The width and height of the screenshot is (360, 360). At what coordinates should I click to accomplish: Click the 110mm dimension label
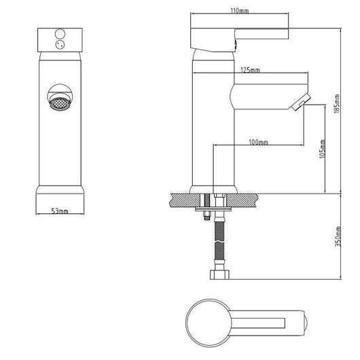[x=239, y=11]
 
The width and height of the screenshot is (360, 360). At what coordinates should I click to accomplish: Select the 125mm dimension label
[x=250, y=70]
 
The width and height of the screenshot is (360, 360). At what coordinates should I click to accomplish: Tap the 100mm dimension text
[x=259, y=143]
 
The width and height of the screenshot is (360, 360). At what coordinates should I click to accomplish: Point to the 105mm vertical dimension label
[x=323, y=149]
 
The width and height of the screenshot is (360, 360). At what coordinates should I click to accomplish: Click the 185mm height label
[x=337, y=103]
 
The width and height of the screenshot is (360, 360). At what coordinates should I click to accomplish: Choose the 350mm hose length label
[x=338, y=236]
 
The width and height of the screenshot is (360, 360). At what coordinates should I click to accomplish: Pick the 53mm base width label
[x=60, y=211]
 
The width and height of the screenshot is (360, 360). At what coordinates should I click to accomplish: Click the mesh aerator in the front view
[x=60, y=103]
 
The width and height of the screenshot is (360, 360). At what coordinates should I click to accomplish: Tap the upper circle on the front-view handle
[x=60, y=34]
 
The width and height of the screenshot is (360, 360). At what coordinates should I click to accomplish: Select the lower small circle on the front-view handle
[x=60, y=45]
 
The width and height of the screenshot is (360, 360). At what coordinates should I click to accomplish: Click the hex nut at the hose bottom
[x=219, y=274]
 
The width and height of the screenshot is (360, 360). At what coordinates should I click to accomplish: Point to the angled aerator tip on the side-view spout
[x=301, y=102]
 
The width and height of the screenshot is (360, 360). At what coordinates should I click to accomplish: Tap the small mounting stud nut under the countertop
[x=207, y=216]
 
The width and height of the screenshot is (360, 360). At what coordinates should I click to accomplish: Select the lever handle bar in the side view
[x=262, y=34]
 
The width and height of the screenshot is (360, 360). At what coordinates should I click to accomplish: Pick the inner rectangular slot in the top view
[x=258, y=323]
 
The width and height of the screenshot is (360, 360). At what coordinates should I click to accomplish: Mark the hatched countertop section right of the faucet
[x=242, y=201]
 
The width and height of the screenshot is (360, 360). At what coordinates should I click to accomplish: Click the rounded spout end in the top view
[x=306, y=323]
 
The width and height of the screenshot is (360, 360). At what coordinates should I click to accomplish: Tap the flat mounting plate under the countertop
[x=213, y=209]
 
